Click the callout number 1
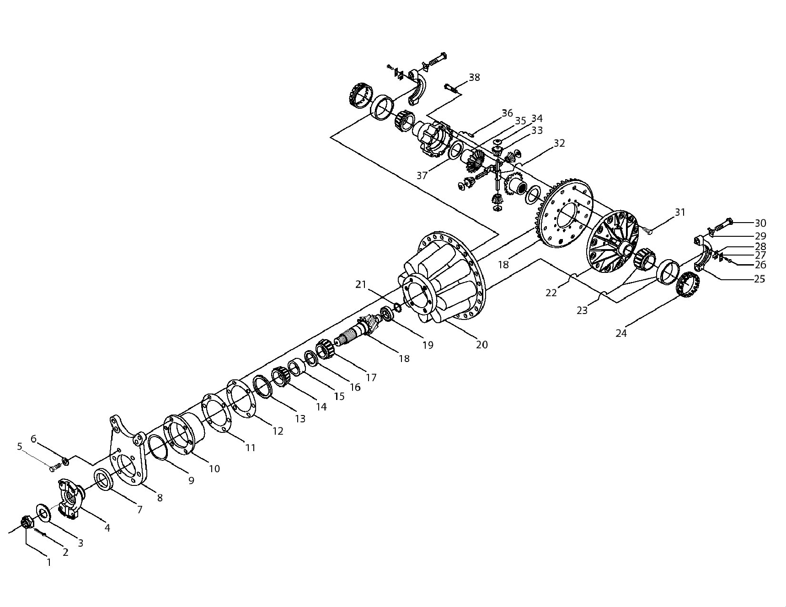point(49,563)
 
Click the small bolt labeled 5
point(55,467)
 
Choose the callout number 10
point(214,469)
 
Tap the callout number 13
point(300,418)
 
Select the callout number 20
point(482,345)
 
